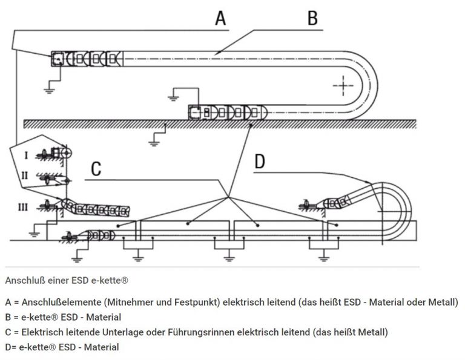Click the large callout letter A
pyautogui.click(x=220, y=18)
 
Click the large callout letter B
pyautogui.click(x=312, y=18)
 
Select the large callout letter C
pyautogui.click(x=96, y=169)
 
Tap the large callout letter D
pyautogui.click(x=260, y=162)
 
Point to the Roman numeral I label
pyautogui.click(x=25, y=155)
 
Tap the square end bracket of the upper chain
pyautogui.click(x=58, y=59)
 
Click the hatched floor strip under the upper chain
pyautogui.click(x=218, y=123)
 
